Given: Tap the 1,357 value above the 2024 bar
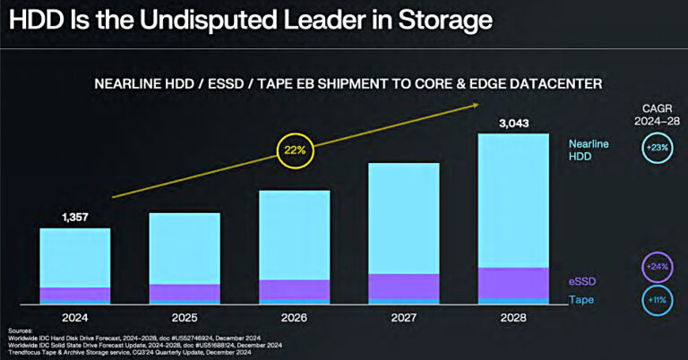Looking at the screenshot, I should (74, 217).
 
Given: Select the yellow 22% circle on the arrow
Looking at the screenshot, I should (295, 150).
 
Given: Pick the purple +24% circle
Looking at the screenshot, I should (658, 266).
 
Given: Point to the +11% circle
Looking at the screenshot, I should (658, 299).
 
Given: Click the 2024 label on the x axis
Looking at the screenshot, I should (74, 317).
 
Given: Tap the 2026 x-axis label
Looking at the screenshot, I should (294, 317).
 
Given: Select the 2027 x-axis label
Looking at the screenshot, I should (404, 317).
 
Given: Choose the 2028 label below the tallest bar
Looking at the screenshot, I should (513, 317).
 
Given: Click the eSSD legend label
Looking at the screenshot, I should (583, 280).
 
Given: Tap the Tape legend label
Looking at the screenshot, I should (581, 299).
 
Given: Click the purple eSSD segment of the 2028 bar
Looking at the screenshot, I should (513, 282).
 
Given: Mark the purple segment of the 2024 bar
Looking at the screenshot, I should (74, 295).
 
